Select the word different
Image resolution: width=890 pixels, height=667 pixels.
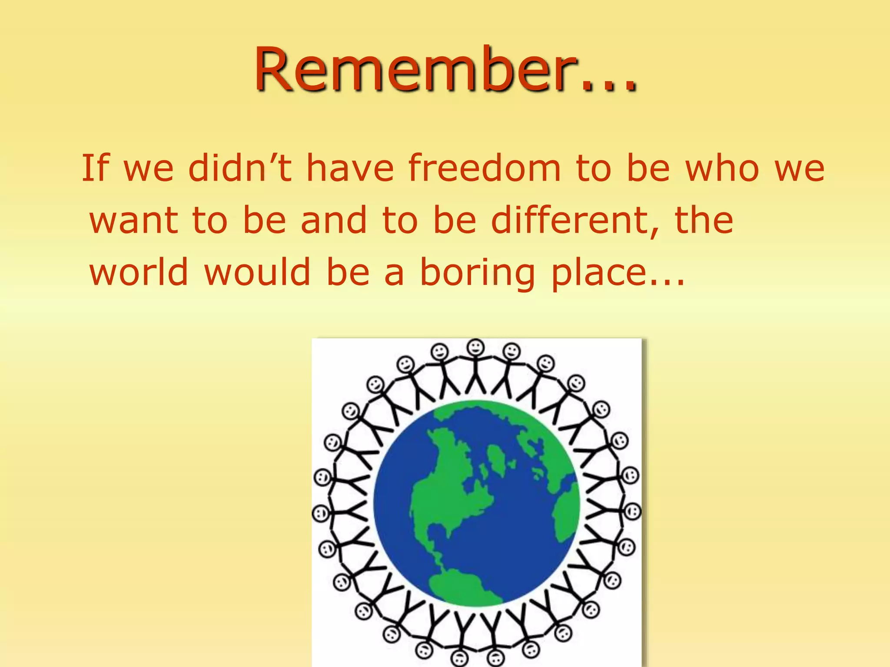[x=574, y=220]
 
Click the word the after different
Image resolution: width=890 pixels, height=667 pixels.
[x=704, y=220]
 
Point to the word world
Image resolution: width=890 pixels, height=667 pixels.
[x=139, y=272]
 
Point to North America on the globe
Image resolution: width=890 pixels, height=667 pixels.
[x=448, y=491]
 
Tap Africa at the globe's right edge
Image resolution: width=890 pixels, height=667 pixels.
[x=565, y=517]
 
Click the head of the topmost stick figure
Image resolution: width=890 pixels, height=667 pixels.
[x=476, y=347]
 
